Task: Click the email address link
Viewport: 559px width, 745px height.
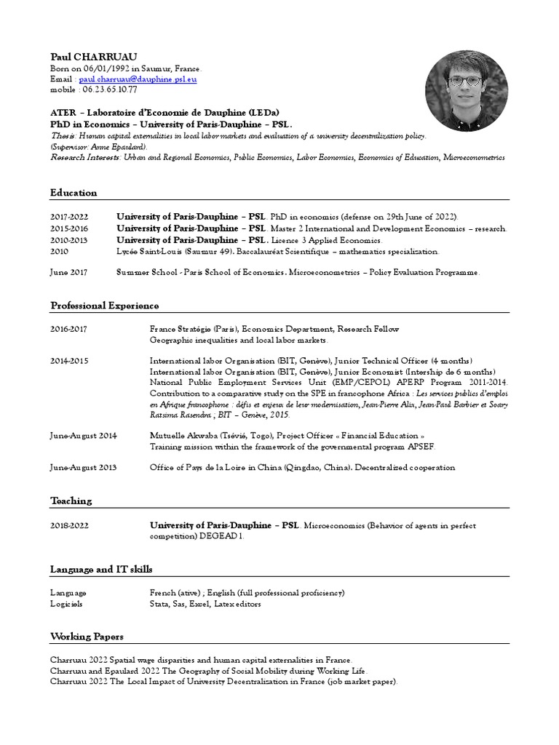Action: [138, 79]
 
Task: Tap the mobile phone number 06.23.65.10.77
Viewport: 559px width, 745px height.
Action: [110, 89]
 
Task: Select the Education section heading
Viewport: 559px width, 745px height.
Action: [74, 193]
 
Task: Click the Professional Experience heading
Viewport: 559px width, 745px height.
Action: [105, 305]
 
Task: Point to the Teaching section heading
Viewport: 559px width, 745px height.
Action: [71, 501]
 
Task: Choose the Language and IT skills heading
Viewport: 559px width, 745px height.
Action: [101, 568]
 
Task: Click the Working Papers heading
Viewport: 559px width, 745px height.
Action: [86, 636]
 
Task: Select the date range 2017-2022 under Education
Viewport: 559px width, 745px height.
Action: [68, 217]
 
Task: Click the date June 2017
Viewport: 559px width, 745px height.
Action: [68, 272]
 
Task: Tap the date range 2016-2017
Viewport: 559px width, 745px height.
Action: [68, 329]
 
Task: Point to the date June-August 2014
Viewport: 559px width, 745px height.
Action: [83, 435]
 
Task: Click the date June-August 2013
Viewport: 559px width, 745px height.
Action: [83, 467]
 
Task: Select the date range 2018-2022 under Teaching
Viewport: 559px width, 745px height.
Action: [68, 525]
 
